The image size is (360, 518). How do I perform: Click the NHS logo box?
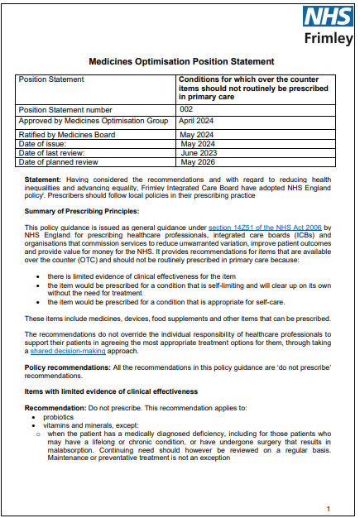pos(327,17)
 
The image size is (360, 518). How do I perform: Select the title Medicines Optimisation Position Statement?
pos(180,61)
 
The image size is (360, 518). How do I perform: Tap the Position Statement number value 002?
pos(186,108)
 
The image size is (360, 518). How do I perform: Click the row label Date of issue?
pos(46,144)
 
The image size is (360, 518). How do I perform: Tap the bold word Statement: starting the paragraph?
pos(42,179)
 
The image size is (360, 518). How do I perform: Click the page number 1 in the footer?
pos(329,486)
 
